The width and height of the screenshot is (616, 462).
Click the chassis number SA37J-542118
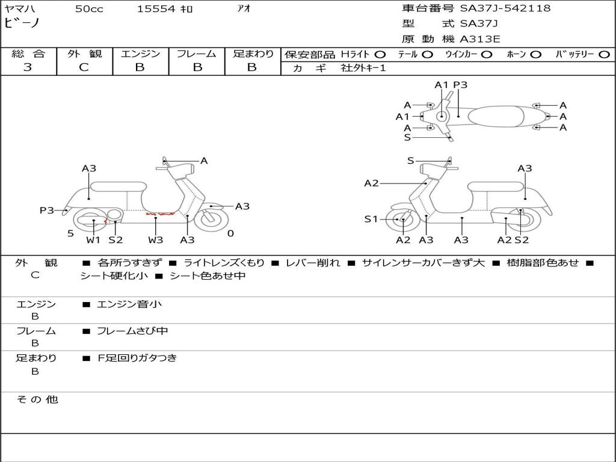point(505,8)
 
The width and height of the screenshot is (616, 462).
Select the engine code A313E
point(479,39)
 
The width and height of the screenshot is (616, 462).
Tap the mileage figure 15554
point(156,8)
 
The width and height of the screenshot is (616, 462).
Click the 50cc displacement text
point(89,8)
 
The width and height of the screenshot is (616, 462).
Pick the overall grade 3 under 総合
point(28,67)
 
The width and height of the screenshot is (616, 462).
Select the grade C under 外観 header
point(84,67)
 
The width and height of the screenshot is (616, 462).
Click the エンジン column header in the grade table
point(140,54)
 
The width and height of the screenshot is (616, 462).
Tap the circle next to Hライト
point(380,55)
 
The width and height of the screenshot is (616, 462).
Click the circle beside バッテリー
point(604,55)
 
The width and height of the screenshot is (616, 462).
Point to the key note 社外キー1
point(363,68)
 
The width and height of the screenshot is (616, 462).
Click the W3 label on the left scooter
point(156,239)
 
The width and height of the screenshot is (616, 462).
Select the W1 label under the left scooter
point(93,239)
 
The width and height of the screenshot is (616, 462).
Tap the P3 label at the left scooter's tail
point(47,210)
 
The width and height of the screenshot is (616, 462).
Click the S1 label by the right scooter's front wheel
point(371,219)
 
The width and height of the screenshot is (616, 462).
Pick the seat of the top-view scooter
point(496,116)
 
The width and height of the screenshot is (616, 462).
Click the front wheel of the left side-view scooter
point(211,220)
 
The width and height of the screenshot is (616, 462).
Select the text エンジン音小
point(129,304)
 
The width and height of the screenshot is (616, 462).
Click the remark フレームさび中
point(132,331)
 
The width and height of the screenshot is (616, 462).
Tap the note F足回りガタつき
point(137,358)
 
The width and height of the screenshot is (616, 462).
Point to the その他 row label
point(37,399)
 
